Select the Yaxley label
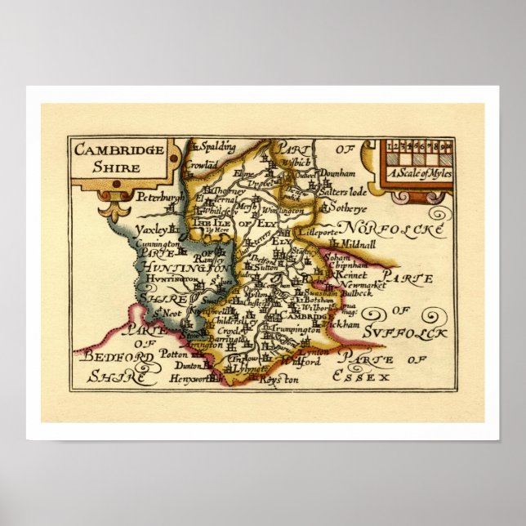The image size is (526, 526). click(152, 231)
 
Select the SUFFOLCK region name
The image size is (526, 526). click(408, 332)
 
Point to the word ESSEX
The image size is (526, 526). click(363, 377)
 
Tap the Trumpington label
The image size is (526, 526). click(297, 329)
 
